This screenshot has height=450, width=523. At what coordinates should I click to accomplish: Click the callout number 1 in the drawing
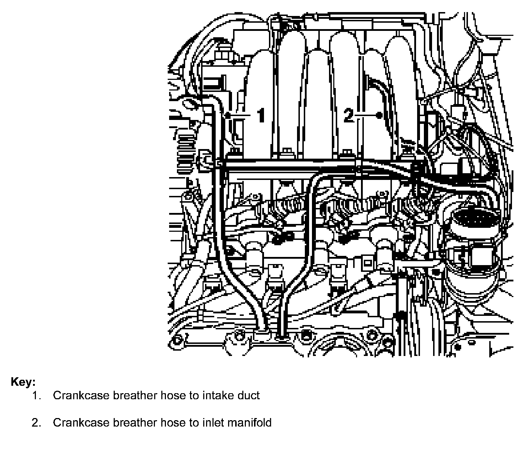(x=261, y=115)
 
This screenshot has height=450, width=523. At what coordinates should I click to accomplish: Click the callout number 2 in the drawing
(x=349, y=115)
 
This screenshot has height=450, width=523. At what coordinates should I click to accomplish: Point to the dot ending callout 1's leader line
(x=228, y=115)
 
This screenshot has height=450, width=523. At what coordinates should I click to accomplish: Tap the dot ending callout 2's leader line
(x=379, y=115)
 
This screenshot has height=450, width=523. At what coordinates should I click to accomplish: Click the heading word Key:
(x=23, y=382)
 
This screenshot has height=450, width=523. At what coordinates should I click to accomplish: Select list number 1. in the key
(x=37, y=395)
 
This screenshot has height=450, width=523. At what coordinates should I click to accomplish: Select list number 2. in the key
(x=37, y=423)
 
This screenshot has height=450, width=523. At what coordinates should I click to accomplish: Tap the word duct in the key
(x=248, y=395)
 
